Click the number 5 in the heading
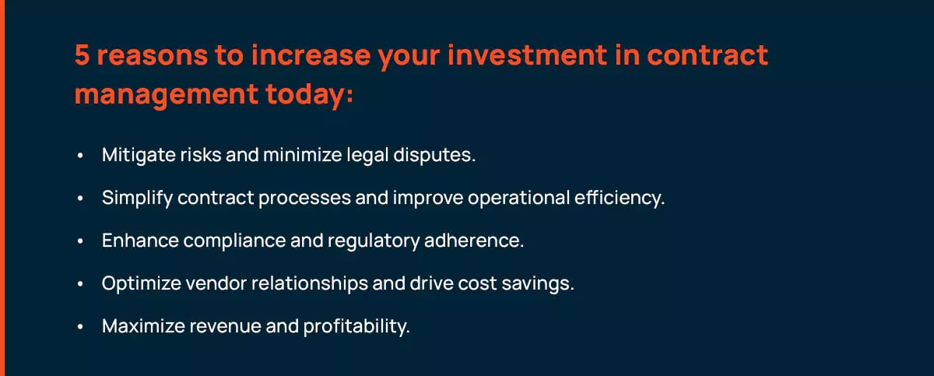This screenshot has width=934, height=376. [x=83, y=55]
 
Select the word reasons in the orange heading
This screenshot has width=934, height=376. [x=153, y=56]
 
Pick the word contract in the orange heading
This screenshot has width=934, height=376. [x=708, y=56]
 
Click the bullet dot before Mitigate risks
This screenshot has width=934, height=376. [x=80, y=156]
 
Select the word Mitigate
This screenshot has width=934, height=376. [x=139, y=155]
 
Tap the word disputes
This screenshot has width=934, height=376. [x=434, y=156]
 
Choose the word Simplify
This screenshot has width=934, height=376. [x=137, y=198]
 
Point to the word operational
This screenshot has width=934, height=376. [x=518, y=198]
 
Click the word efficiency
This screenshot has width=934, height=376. [x=620, y=198]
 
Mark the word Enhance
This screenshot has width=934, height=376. [x=141, y=241]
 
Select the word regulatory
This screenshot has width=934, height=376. [x=374, y=241]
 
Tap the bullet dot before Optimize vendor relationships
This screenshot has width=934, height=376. [x=80, y=284]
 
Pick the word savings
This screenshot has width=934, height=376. [x=538, y=284]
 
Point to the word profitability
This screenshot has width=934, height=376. [x=356, y=326]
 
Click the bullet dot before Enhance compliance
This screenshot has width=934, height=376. [x=80, y=241]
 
